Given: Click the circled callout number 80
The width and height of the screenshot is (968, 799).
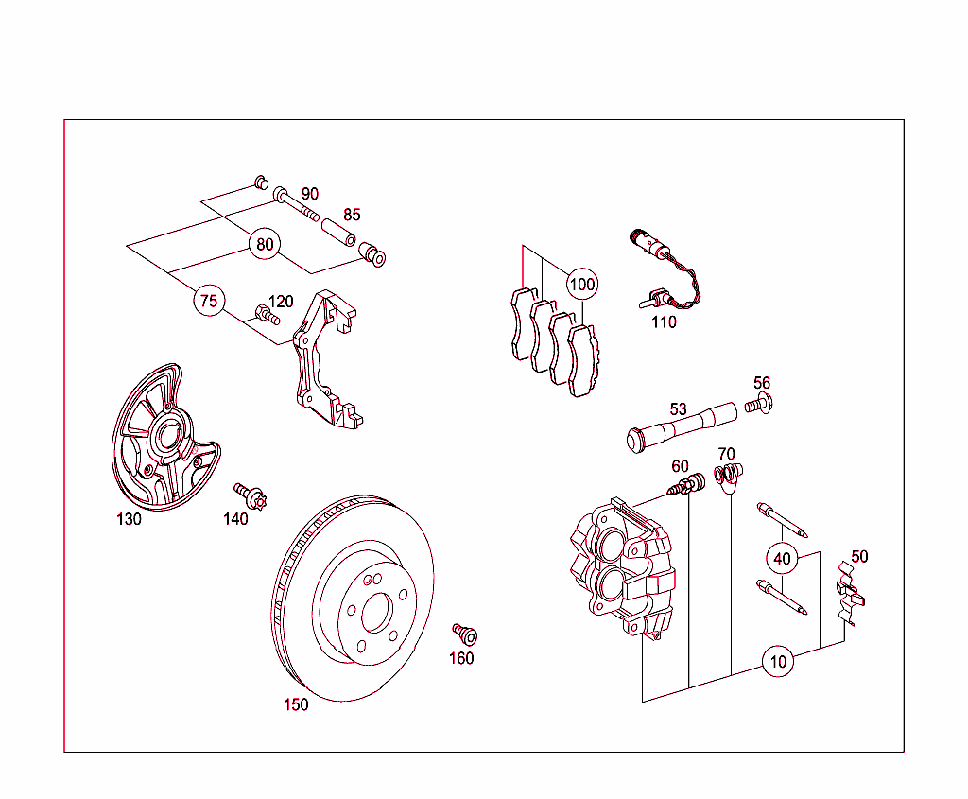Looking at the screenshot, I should [x=265, y=244].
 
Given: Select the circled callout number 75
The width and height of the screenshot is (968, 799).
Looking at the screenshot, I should [x=209, y=302].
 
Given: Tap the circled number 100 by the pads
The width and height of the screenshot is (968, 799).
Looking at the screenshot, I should [x=582, y=284].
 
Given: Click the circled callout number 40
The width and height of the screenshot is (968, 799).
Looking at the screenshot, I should [x=782, y=558].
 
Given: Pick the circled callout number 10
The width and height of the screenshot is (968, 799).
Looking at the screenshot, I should [x=778, y=662].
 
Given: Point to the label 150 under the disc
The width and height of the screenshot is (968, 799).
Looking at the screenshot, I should [x=296, y=704].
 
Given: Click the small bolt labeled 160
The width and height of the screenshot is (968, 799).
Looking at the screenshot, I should [x=464, y=634].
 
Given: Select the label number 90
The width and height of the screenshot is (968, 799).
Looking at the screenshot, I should [x=310, y=193].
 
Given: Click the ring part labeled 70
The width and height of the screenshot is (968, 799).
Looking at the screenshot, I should [x=727, y=476].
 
